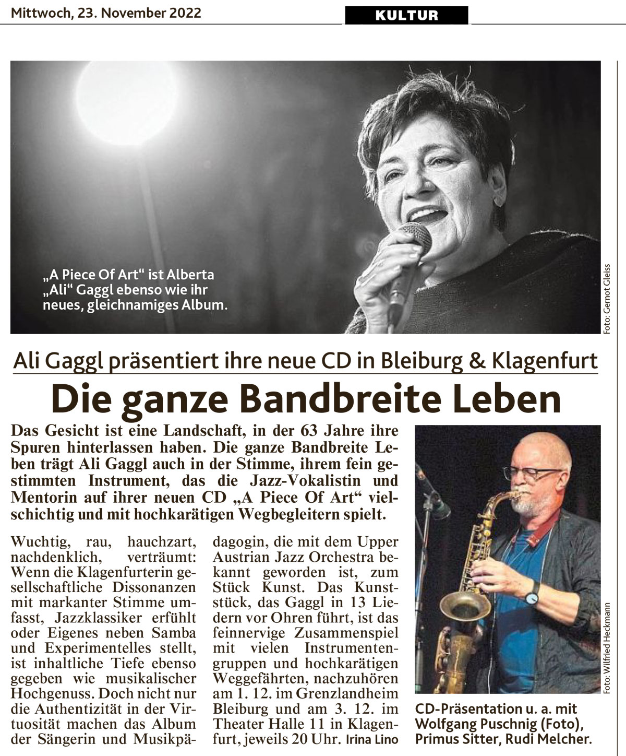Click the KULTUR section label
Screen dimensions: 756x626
406,15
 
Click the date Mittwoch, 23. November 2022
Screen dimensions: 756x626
106,13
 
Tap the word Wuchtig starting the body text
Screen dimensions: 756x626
36,540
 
